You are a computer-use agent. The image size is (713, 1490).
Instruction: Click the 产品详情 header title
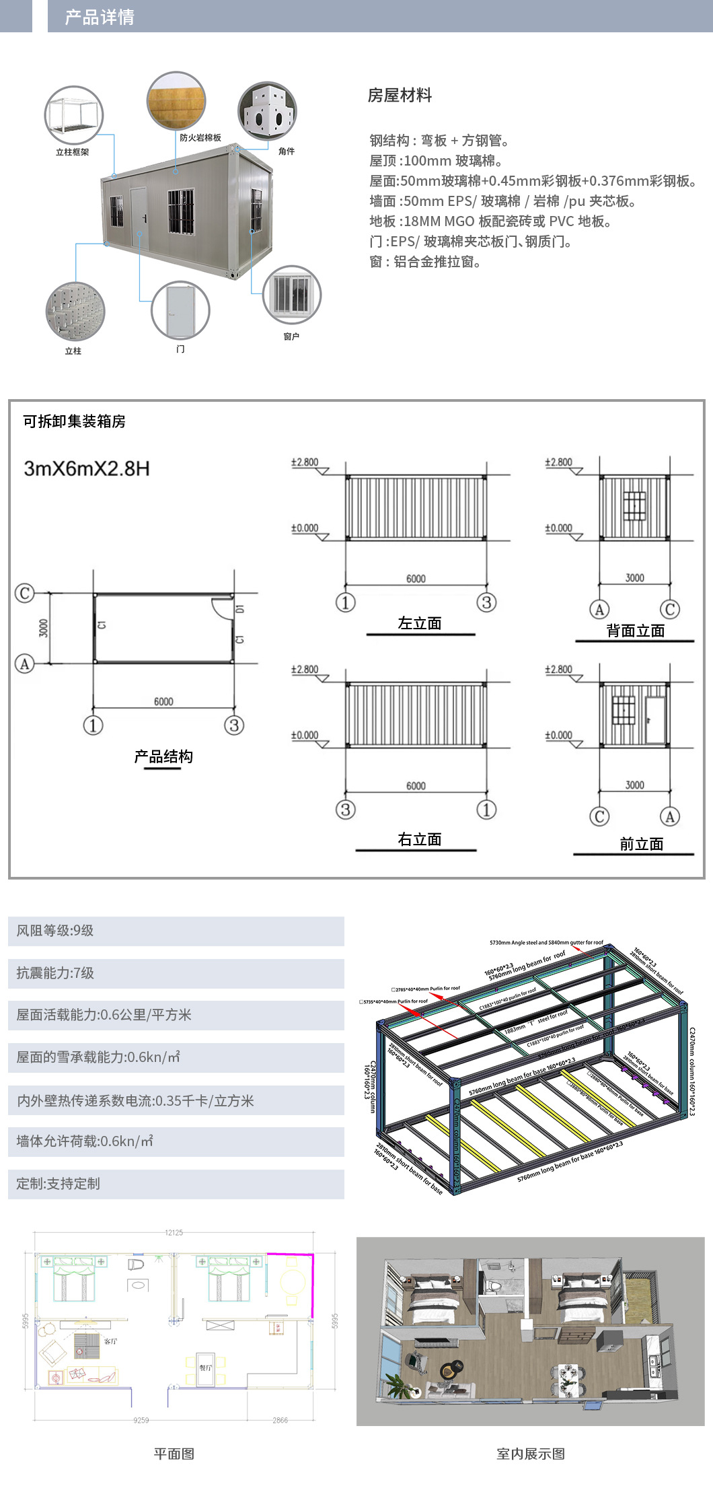pos(100,17)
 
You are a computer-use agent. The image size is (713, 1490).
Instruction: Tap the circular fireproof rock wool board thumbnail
pos(176,102)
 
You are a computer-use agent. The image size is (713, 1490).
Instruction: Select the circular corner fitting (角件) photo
pos(267,111)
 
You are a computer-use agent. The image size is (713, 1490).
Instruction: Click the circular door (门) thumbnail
pos(180,310)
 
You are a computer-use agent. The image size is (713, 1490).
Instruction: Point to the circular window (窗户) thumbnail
pos(291,295)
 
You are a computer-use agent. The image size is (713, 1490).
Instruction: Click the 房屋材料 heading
pos(400,96)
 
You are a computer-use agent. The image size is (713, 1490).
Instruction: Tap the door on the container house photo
pos(138,219)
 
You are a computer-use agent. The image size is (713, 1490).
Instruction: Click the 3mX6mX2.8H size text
pos(87,468)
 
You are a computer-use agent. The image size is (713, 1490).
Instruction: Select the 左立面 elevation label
pos(420,623)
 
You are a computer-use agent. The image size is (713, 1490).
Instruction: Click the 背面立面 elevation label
pos(635,631)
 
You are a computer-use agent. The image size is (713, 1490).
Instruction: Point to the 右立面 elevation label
pos(420,839)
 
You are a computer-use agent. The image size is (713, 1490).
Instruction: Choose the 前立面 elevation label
pos(641,844)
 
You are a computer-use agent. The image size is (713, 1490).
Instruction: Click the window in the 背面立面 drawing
pos(634,506)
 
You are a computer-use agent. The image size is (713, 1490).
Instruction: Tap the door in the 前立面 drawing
pos(654,719)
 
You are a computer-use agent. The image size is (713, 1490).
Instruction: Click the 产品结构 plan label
pos(163,756)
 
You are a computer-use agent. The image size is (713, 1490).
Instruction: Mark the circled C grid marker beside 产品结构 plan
pos(25,593)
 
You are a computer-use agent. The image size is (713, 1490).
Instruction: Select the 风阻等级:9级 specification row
pos(176,931)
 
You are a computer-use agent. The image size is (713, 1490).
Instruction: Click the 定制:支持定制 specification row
pos(176,1184)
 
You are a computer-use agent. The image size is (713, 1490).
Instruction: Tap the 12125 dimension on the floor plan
pos(174,1232)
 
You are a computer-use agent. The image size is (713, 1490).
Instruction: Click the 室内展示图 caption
pos(530,1454)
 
